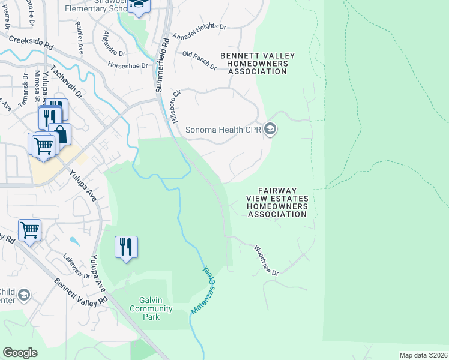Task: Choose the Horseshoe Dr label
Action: click(128, 64)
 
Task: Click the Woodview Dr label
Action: click(267, 260)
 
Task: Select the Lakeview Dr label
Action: click(76, 266)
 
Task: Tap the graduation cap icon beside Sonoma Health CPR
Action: click(270, 129)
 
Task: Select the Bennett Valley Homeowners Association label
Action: click(258, 64)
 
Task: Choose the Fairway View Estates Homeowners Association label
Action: click(277, 206)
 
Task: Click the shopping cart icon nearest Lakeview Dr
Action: click(29, 230)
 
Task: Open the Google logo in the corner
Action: click(20, 353)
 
